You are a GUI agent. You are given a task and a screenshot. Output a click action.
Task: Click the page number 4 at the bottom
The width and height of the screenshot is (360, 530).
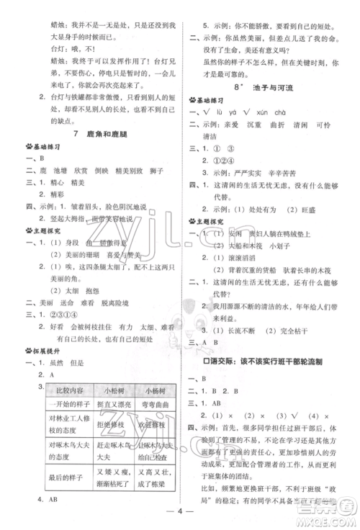click(x=180, y=514)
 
